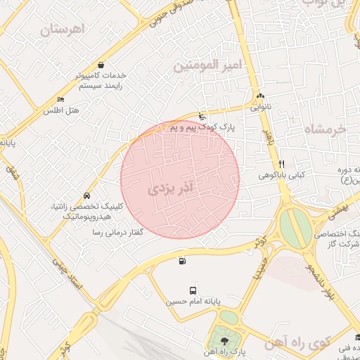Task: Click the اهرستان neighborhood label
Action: (x=62, y=30)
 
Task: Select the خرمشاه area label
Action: (x=326, y=129)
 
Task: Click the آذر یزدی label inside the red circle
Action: (x=175, y=188)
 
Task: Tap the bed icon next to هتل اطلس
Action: (x=60, y=100)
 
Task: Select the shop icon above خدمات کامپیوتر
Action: (x=102, y=65)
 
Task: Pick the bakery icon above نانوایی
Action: (x=260, y=96)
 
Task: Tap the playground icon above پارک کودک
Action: (x=202, y=116)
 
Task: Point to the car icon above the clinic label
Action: (x=86, y=195)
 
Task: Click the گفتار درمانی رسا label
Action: (x=113, y=231)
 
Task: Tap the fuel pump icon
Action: (x=183, y=262)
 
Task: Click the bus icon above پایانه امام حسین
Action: (x=193, y=290)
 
